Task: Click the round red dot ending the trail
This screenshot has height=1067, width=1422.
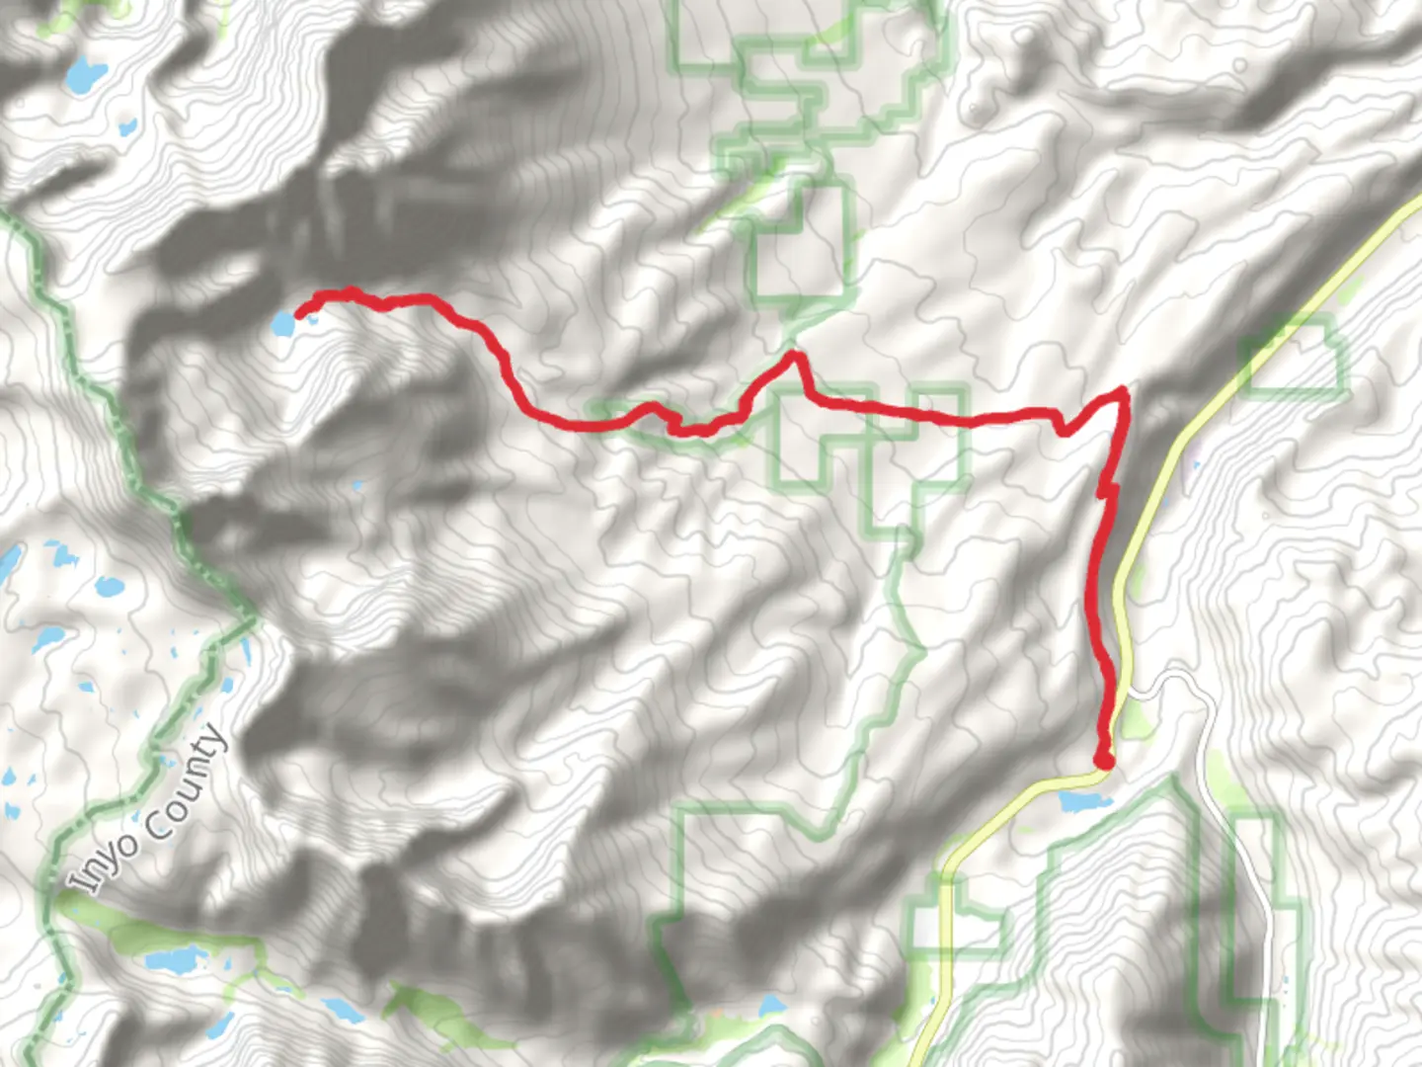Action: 1104,759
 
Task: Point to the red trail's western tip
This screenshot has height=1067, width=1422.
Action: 299,314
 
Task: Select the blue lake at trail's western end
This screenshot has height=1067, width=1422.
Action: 282,323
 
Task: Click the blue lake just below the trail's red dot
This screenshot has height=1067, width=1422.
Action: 1082,801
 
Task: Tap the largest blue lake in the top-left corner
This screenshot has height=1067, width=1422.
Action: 87,73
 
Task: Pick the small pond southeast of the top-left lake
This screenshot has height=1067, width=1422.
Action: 127,126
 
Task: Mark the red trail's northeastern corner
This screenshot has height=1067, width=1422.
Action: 1122,394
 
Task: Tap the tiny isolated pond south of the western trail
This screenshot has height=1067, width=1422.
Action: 356,485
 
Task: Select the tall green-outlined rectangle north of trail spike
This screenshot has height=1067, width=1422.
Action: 802,237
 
